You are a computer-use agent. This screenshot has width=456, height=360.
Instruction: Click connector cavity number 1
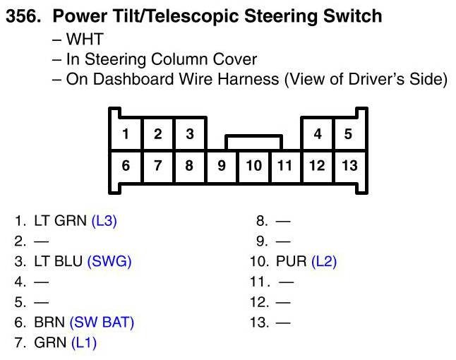[x=126, y=134]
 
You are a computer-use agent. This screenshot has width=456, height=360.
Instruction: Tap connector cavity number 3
[x=189, y=134]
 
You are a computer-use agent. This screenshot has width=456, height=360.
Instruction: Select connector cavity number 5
[x=348, y=134]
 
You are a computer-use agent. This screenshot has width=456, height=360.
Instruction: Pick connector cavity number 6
[x=126, y=166]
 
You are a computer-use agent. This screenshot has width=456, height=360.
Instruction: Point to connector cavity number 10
[x=253, y=166]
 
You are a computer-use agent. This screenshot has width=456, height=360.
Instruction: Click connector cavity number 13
[x=349, y=166]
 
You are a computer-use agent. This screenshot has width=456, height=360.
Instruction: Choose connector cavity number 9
[x=222, y=166]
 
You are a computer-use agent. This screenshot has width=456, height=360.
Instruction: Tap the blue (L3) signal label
[x=104, y=221]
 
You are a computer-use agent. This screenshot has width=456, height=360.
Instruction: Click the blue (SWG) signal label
[x=109, y=262]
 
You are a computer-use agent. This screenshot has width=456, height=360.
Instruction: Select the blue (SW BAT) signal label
[x=102, y=323]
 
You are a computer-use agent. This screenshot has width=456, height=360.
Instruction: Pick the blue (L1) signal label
[x=84, y=343]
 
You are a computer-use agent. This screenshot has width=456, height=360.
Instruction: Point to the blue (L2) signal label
[x=324, y=262]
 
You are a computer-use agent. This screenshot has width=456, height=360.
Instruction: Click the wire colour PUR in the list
[x=292, y=262]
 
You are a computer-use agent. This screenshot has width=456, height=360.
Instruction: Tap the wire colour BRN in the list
[x=49, y=323]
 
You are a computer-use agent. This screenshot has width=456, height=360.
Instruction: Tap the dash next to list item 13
[x=282, y=323]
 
